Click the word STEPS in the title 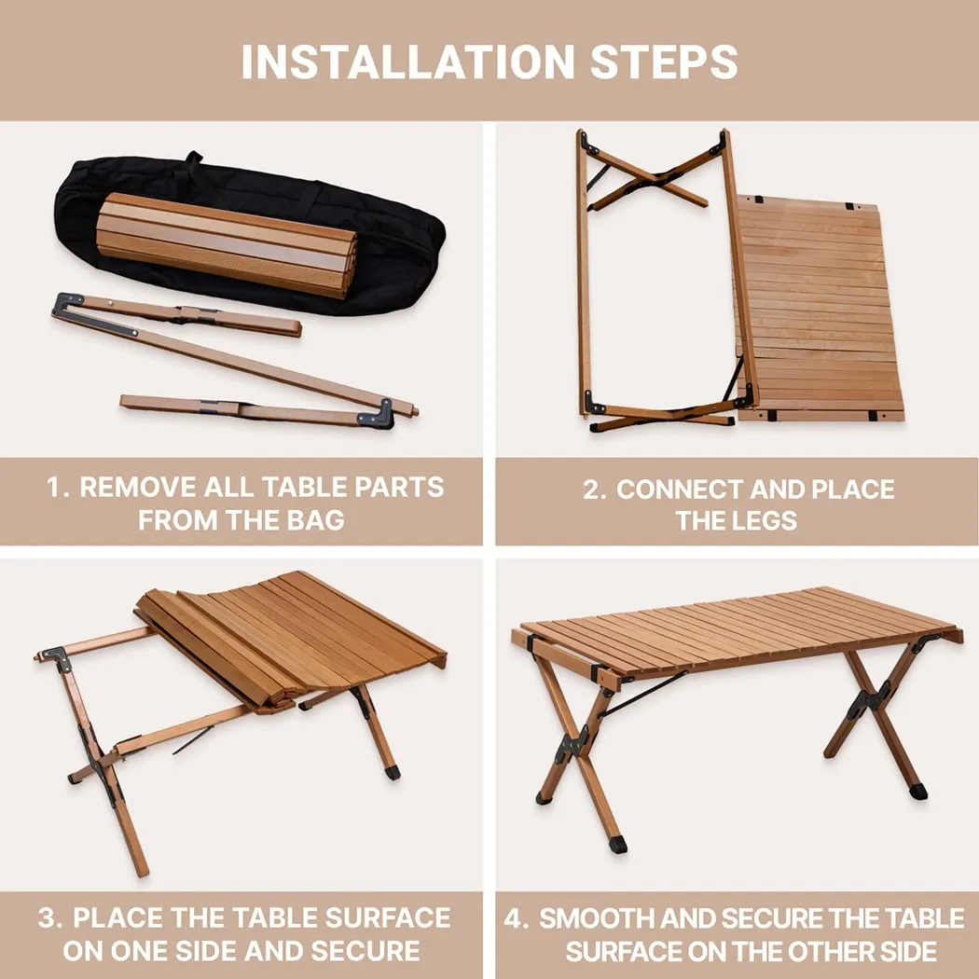point(664,62)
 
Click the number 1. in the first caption point(58,488)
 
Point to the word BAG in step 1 point(314,520)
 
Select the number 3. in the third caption point(50,917)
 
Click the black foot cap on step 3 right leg point(393,772)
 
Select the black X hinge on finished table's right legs point(878,696)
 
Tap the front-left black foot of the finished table point(616,844)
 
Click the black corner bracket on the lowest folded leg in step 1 point(379,414)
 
